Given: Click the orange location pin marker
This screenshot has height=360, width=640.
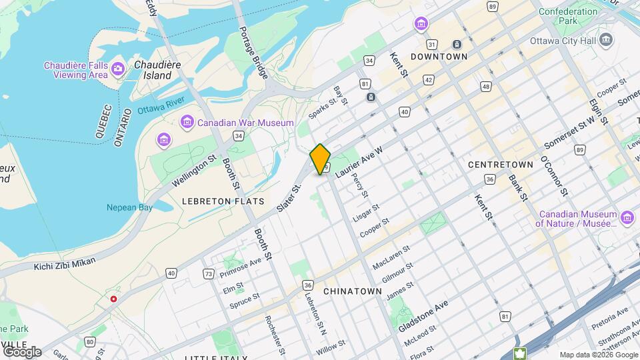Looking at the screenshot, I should click(320, 159).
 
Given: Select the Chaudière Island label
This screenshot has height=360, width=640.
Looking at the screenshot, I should click(157, 70).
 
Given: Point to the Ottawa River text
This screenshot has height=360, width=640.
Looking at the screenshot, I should click(161, 106).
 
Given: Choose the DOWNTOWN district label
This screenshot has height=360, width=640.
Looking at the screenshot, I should click(439, 57).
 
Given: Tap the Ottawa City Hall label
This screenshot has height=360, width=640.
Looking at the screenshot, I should click(563, 40).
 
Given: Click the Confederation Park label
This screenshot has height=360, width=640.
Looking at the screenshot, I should click(568, 17).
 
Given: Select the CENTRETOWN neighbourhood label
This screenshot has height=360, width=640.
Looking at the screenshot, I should click(501, 164).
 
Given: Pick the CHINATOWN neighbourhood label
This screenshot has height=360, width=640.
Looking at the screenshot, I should click(352, 291).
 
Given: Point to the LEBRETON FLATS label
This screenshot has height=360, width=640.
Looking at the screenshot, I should click(223, 201).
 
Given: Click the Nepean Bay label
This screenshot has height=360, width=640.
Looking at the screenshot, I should click(129, 207).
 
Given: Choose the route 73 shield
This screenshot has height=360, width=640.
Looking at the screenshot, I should click(209, 274).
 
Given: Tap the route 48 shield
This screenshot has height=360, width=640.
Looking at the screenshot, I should click(485, 87).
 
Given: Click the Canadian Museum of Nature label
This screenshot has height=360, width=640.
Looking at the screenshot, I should click(577, 219).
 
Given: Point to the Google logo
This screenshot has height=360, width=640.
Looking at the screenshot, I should click(22, 351).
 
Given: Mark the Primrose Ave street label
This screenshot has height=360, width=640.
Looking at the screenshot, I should click(241, 266).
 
